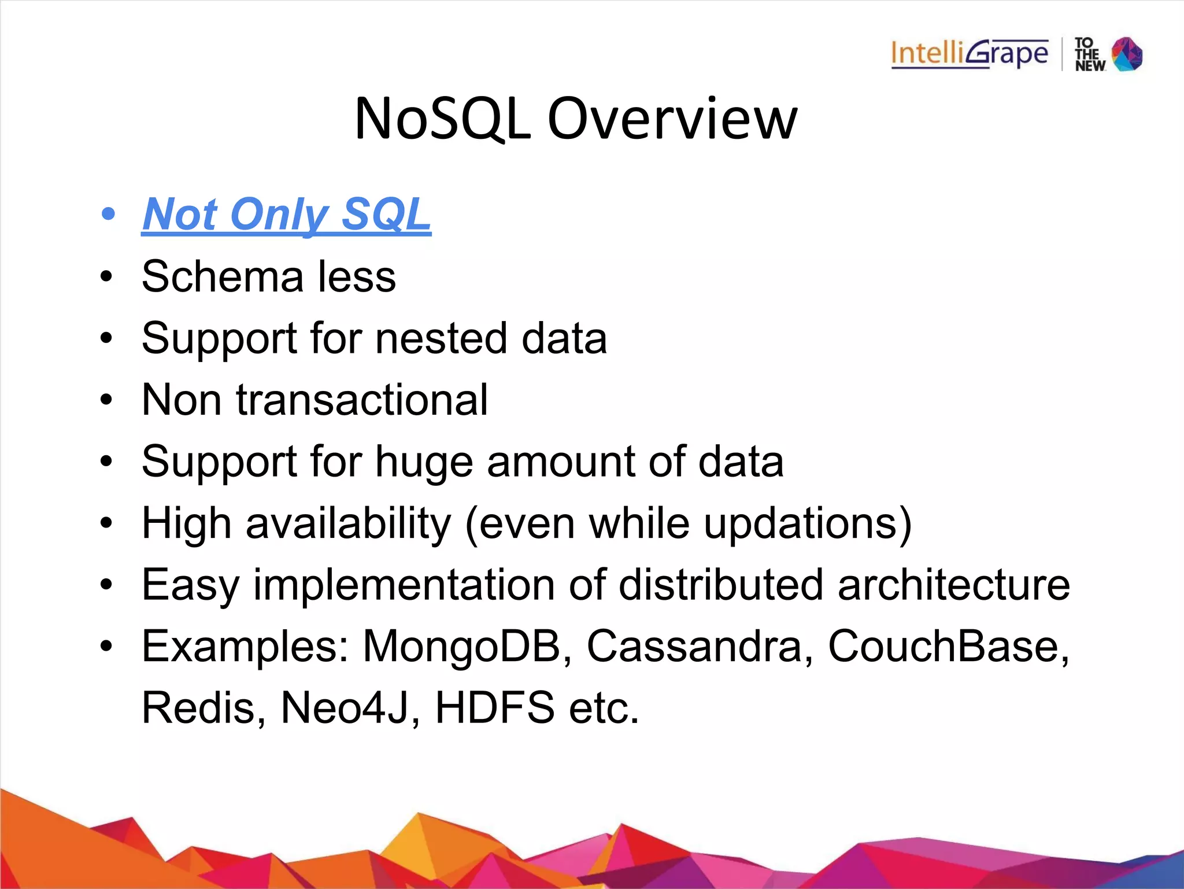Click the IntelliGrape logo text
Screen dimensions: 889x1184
point(969,54)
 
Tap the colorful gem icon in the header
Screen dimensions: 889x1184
point(1127,54)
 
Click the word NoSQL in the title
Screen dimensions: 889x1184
point(442,119)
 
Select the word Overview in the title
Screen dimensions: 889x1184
point(672,119)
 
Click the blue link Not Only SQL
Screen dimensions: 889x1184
point(286,215)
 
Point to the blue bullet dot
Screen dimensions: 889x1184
point(108,215)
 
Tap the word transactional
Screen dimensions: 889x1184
point(362,400)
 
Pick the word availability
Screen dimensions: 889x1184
point(348,523)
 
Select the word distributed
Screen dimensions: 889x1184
point(721,585)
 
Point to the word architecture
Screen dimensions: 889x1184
point(954,585)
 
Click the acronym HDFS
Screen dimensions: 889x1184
point(494,708)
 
